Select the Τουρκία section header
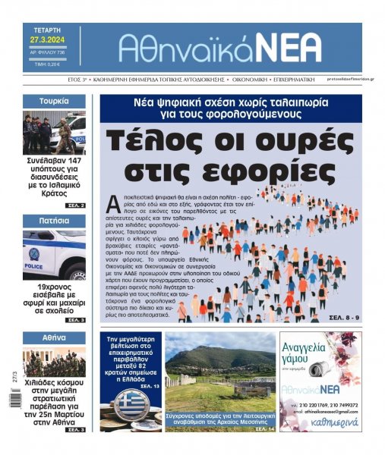[55, 101]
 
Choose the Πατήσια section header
[55, 220]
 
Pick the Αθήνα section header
[55, 337]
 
